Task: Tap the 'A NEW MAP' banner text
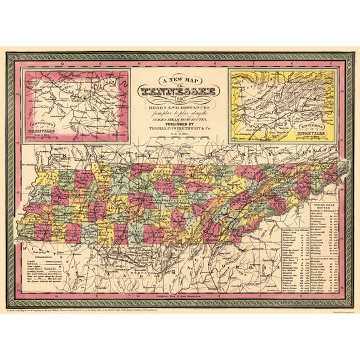179,80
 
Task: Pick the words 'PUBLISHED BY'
179,124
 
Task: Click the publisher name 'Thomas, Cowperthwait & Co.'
179,130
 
